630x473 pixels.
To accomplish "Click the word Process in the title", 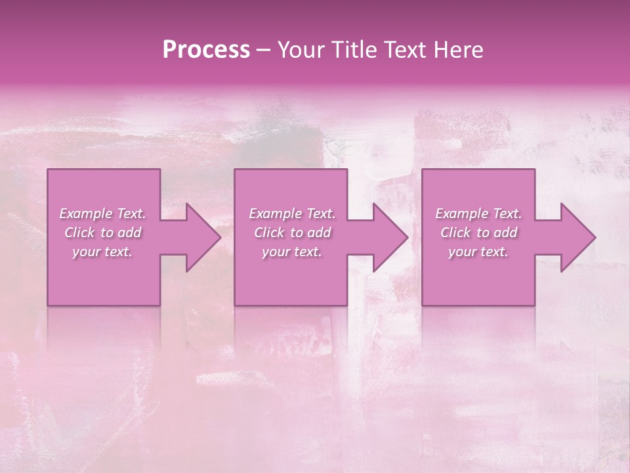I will (206, 50).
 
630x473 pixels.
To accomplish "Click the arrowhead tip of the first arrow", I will (221, 237).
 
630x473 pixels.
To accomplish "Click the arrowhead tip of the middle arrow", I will (408, 237).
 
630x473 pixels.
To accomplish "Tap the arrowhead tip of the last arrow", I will (595, 237).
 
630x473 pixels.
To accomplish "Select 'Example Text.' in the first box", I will (102, 214).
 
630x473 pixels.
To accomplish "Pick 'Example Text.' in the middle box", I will (292, 214).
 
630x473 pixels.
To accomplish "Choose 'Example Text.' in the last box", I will (478, 214).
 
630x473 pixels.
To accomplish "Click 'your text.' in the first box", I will (102, 252).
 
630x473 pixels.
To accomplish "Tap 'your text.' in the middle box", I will (292, 252).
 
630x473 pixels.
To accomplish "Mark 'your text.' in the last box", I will (478, 252).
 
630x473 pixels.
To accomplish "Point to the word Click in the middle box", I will (269, 233).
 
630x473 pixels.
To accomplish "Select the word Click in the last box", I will (455, 233).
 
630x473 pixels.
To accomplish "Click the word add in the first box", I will (131, 233).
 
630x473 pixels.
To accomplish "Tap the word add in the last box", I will (507, 233).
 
